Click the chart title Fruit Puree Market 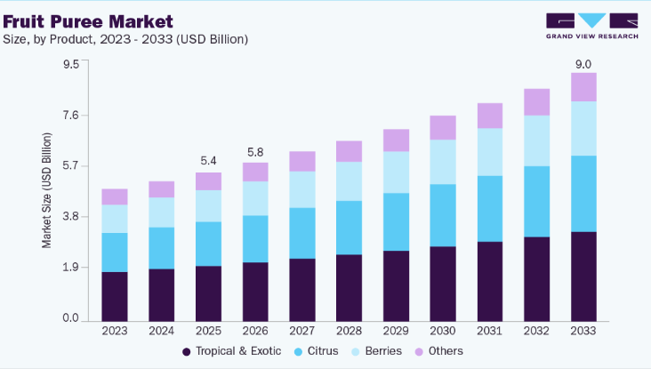88,21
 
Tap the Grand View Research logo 592,26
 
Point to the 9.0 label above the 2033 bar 583,64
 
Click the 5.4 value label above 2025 208,161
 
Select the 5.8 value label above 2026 255,152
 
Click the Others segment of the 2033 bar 583,87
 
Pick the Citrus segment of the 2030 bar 443,215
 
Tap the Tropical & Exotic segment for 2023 115,297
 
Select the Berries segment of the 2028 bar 350,181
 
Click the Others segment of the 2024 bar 162,189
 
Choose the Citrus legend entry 317,351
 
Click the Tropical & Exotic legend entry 231,351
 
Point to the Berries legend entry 376,351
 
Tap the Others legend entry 439,351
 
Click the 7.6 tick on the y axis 70,115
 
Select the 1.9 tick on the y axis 70,268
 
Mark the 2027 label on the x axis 302,331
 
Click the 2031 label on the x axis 489,331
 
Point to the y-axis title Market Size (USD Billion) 47,190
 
